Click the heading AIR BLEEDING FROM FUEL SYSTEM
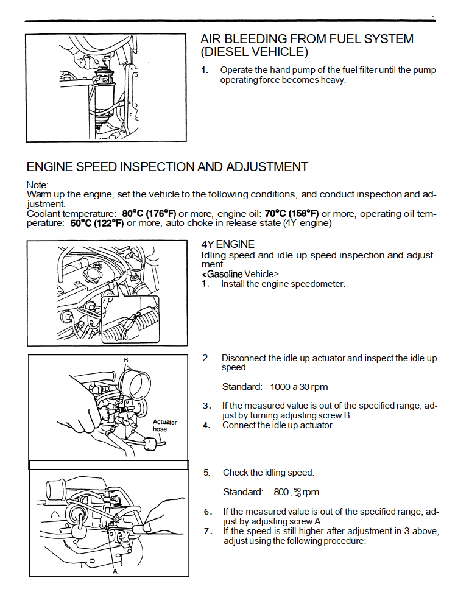(307, 39)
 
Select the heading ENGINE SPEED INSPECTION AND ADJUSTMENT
(168, 167)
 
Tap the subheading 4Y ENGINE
(228, 244)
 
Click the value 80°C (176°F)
(149, 214)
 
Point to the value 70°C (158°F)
(291, 214)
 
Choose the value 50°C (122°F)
(97, 224)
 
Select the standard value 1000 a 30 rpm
(299, 387)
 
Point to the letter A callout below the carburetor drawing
(115, 571)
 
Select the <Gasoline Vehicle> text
(240, 274)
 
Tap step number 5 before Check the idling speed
(206, 473)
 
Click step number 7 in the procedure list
(207, 531)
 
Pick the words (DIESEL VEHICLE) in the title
(254, 52)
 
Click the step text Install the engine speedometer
(283, 284)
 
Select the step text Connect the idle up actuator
(278, 425)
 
